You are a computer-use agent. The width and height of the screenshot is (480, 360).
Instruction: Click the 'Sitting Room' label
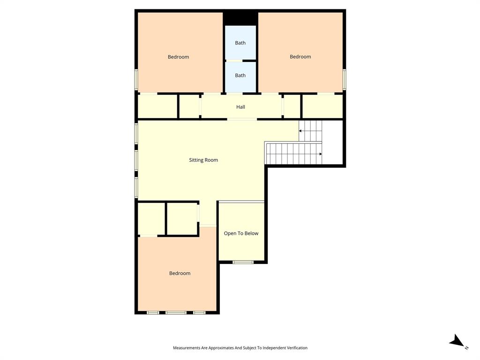[203, 160]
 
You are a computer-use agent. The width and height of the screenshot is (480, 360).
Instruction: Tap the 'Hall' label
[240, 107]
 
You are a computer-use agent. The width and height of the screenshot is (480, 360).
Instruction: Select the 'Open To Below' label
[241, 233]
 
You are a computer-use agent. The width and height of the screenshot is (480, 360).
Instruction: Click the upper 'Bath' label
[240, 43]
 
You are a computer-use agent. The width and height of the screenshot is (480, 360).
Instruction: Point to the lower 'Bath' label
[240, 75]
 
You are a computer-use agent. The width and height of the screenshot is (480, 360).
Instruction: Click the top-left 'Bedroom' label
[178, 57]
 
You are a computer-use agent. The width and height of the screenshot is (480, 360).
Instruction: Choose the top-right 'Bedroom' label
[300, 57]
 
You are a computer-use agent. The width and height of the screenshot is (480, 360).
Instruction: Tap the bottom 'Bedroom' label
[180, 273]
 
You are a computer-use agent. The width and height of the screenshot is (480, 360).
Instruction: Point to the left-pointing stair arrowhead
[300, 131]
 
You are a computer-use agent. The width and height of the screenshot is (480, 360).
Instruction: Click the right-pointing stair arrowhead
[321, 154]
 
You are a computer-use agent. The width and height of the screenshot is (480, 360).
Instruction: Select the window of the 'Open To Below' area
[243, 262]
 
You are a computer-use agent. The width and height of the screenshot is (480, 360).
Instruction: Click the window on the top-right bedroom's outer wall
[344, 79]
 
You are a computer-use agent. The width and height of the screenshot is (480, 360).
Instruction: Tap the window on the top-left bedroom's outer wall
[136, 79]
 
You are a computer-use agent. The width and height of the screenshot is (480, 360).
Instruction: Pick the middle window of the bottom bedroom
[176, 312]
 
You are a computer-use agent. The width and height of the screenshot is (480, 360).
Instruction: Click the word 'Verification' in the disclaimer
[295, 348]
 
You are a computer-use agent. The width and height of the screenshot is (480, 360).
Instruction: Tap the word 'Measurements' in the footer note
[187, 348]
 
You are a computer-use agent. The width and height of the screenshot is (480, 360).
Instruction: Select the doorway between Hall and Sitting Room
[242, 120]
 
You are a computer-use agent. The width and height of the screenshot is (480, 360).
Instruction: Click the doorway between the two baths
[234, 60]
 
